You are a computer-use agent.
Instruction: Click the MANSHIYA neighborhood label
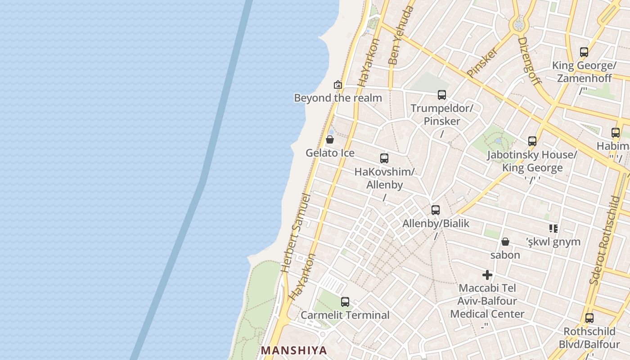(x=294, y=350)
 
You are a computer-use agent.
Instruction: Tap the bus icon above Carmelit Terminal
(x=345, y=302)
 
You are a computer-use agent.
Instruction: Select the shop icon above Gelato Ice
(x=330, y=139)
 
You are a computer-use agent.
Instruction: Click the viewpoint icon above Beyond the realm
(x=337, y=85)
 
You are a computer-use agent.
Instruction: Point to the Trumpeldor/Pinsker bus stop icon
(x=442, y=95)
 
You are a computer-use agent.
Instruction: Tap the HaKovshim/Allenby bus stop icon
(x=384, y=158)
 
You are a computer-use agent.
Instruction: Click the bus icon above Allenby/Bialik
(x=436, y=210)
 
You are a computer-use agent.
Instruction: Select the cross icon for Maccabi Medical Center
(x=487, y=275)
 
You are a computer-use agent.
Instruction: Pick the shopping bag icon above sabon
(x=505, y=242)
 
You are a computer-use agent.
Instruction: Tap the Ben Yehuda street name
(x=400, y=36)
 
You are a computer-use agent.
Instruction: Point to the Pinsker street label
(x=482, y=62)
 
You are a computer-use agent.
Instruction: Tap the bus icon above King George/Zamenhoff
(x=584, y=52)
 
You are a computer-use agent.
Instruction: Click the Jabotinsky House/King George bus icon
(x=532, y=141)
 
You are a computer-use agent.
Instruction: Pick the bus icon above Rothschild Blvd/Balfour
(x=589, y=319)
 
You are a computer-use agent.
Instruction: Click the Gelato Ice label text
(x=330, y=153)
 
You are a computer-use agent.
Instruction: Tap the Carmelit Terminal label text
(x=345, y=315)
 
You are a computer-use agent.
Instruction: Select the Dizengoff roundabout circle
(x=519, y=24)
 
